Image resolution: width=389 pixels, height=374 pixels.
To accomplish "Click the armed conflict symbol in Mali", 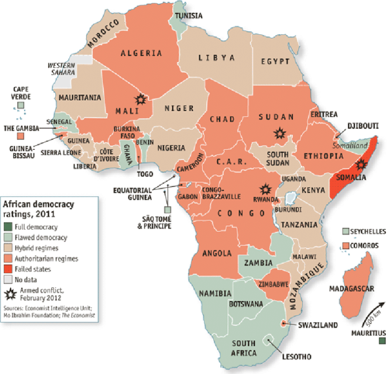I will click(141, 99).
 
